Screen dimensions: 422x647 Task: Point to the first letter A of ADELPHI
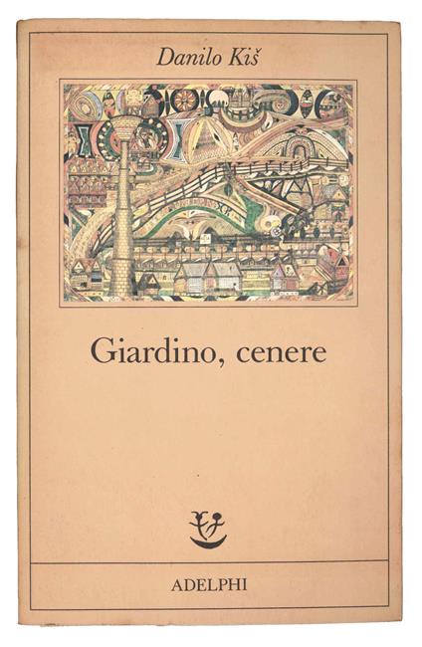pyautogui.click(x=175, y=583)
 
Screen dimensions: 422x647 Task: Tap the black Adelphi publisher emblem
pyautogui.click(x=208, y=529)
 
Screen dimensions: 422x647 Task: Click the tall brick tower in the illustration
pyautogui.click(x=120, y=229)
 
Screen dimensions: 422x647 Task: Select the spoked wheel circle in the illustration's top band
pyautogui.click(x=186, y=102)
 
